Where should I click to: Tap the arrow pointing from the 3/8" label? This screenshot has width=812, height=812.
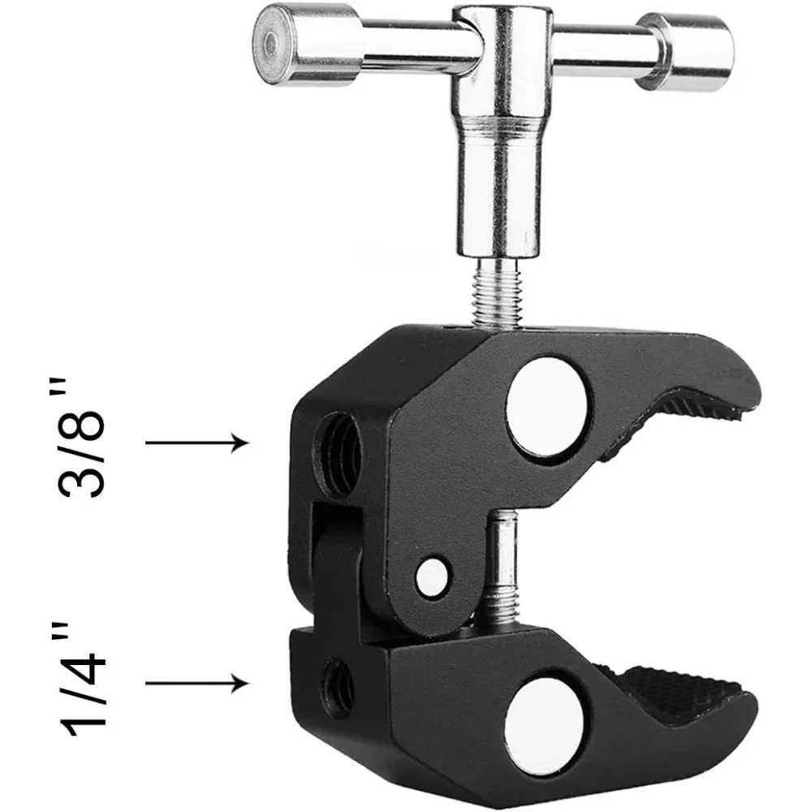tap(195, 443)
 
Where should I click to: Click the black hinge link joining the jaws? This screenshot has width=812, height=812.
tap(333, 560)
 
